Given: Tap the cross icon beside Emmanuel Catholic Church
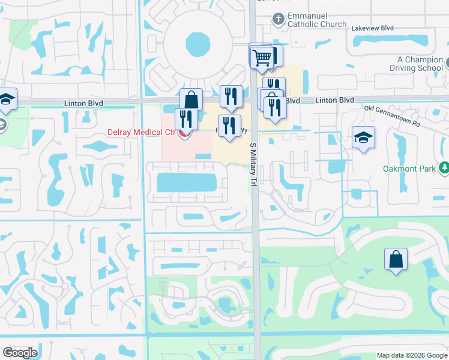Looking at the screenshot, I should click(277, 19).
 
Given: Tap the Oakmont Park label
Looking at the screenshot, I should click(409, 169).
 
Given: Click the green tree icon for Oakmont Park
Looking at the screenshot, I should click(444, 168).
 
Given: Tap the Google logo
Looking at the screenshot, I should click(20, 353).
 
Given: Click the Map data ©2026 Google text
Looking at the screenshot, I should click(411, 355).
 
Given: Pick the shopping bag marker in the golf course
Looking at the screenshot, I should click(396, 259).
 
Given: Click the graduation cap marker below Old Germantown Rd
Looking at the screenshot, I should click(363, 138).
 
